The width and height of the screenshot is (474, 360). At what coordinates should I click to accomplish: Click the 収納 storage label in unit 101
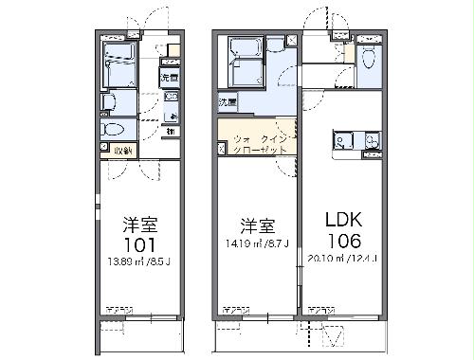click(x=121, y=150)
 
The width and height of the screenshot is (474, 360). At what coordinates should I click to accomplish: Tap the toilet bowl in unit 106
click(x=371, y=57)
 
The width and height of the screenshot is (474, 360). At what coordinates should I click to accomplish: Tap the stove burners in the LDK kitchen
click(x=371, y=144)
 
